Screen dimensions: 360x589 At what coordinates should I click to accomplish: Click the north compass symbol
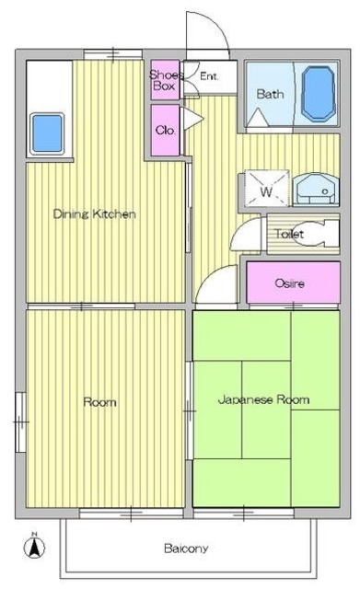click(35, 547)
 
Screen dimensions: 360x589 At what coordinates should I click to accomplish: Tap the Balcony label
click(186, 549)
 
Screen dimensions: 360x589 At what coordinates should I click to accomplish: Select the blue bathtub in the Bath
click(318, 94)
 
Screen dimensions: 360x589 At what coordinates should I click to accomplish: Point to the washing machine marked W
click(267, 188)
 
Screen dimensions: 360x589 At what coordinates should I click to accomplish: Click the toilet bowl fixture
click(316, 234)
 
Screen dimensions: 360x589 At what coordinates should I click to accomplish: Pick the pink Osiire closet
click(293, 283)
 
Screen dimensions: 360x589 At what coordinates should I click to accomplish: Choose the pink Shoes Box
click(165, 80)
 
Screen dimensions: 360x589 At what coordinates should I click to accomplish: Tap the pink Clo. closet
click(165, 130)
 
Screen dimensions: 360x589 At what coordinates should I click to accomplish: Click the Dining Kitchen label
click(94, 214)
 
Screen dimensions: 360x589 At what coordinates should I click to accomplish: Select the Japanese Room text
click(264, 399)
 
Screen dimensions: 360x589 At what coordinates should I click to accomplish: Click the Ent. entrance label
click(209, 76)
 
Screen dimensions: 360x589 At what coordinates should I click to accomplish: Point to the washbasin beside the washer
click(316, 190)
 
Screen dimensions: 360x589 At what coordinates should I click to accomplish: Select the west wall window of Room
click(20, 422)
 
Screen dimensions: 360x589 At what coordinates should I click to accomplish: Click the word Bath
click(270, 94)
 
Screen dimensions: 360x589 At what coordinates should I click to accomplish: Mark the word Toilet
click(289, 234)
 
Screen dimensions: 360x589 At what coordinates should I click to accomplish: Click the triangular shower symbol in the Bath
click(258, 117)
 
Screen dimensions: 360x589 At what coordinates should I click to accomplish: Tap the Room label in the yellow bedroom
click(99, 402)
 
